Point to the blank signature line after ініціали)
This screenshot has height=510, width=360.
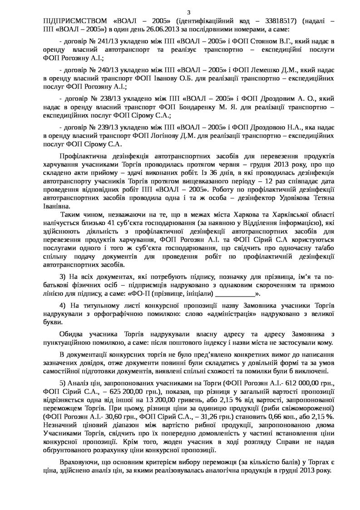tap(232, 294)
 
